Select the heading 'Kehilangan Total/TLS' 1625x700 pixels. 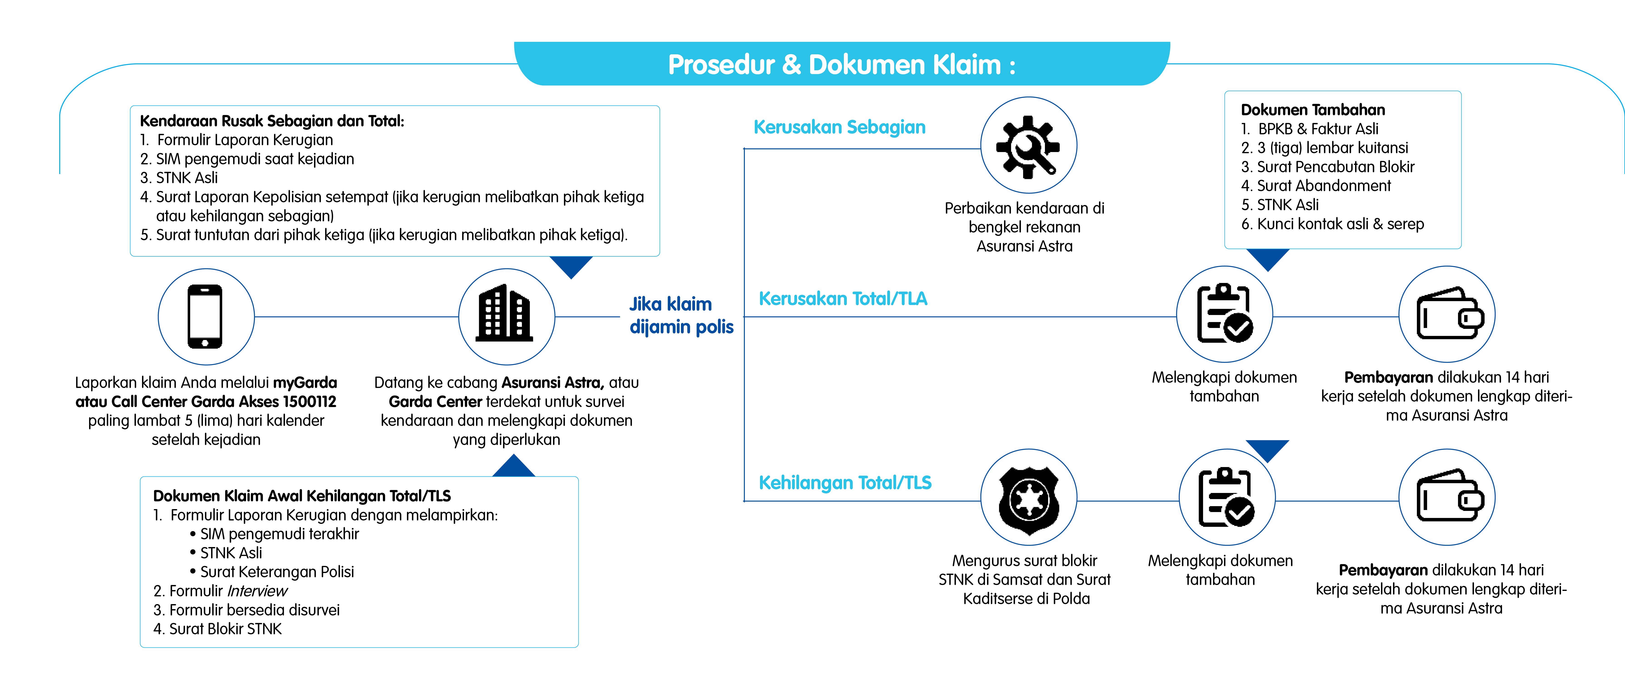[x=845, y=483]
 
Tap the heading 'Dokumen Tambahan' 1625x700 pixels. [x=1312, y=110]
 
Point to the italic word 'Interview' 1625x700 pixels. [x=257, y=591]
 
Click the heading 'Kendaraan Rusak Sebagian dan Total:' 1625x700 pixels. [x=272, y=121]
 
